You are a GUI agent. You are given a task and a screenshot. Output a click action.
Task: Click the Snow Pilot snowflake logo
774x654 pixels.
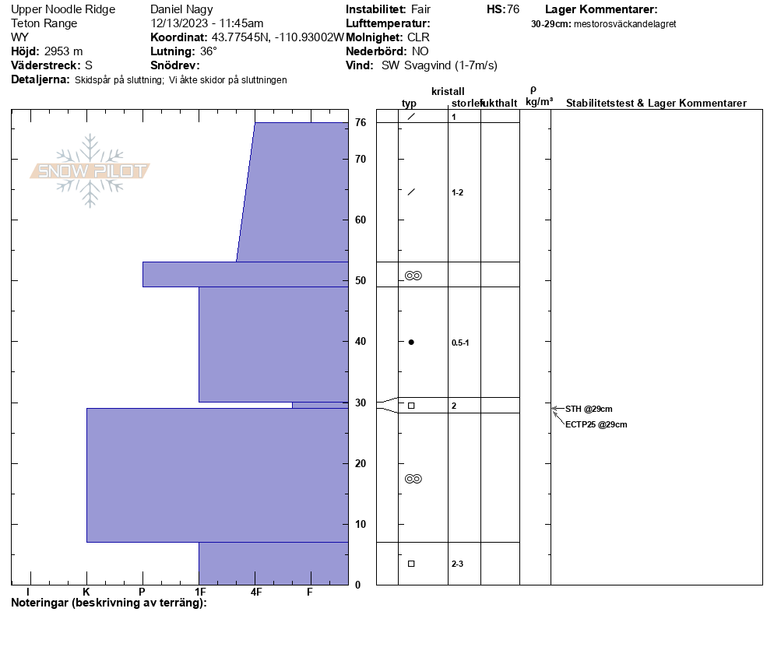tap(90, 171)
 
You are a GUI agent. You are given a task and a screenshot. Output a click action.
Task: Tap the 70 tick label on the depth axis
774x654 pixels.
tap(361, 159)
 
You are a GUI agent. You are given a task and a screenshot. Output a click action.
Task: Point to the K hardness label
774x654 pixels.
tap(86, 592)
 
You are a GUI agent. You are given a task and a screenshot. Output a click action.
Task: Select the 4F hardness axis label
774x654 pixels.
tap(255, 592)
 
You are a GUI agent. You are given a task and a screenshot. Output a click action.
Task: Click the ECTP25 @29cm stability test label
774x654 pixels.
tap(596, 424)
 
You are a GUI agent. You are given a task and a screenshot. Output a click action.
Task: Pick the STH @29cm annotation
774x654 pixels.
tap(589, 409)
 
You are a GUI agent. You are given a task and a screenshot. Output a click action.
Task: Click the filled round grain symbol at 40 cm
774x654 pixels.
tap(411, 342)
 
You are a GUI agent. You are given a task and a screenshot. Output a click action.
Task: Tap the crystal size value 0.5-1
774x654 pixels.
tap(460, 343)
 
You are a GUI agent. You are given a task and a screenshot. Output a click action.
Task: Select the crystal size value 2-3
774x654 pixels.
tap(457, 564)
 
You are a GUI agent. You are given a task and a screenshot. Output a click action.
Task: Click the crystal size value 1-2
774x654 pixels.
tap(457, 192)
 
